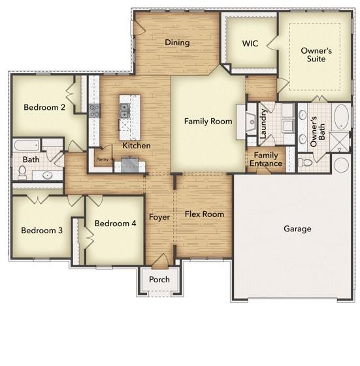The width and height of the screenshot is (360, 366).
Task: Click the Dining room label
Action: pyautogui.click(x=177, y=43)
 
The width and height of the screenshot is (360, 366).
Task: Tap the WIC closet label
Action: pyautogui.click(x=250, y=44)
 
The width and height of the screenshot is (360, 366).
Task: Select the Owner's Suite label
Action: pyautogui.click(x=316, y=55)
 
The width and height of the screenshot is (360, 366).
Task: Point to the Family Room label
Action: pyautogui.click(x=208, y=122)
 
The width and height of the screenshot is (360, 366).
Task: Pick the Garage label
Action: pyautogui.click(x=297, y=229)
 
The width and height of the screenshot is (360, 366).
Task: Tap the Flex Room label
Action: pyautogui.click(x=204, y=214)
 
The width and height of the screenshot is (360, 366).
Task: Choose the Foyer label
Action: pyautogui.click(x=159, y=217)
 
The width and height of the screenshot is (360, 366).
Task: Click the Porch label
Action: pyautogui.click(x=159, y=280)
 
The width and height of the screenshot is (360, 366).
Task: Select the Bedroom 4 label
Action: pyautogui.click(x=115, y=224)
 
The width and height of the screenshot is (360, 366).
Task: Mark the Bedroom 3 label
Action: pyautogui.click(x=41, y=230)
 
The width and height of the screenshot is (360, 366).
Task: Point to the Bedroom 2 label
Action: pyautogui.click(x=44, y=108)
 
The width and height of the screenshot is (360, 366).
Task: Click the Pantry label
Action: pyautogui.click(x=102, y=159)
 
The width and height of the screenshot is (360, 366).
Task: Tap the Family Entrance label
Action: pyautogui.click(x=266, y=159)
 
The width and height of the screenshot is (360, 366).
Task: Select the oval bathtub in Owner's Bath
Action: pyautogui.click(x=341, y=118)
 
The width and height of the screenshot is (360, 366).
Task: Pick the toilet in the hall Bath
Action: pyautogui.click(x=22, y=172)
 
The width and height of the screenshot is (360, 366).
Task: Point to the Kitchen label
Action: pyautogui.click(x=137, y=146)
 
